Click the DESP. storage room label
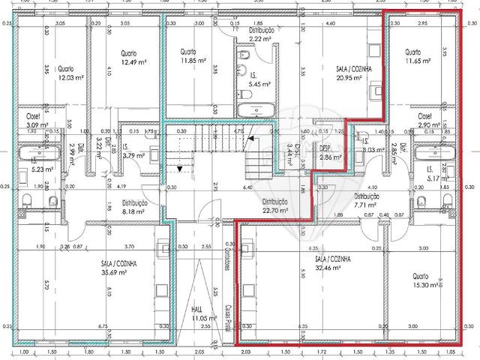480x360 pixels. (x=330, y=158)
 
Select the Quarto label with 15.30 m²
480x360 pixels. (x=424, y=286)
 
